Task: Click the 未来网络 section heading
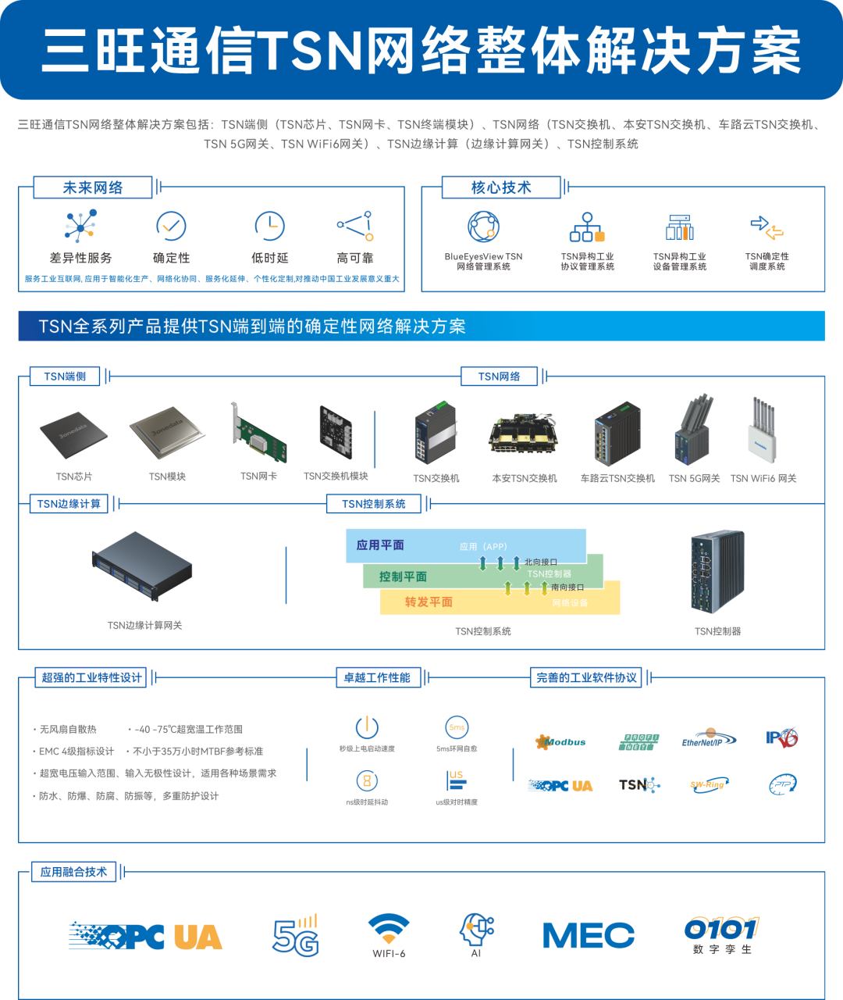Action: pyautogui.click(x=93, y=187)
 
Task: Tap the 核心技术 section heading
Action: pyautogui.click(x=501, y=187)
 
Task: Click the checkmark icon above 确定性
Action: pyautogui.click(x=171, y=227)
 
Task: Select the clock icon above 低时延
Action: pyautogui.click(x=269, y=227)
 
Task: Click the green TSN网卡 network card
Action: pyautogui.click(x=258, y=434)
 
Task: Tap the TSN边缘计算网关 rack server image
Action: pyautogui.click(x=143, y=566)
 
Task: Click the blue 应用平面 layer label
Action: pyautogui.click(x=380, y=545)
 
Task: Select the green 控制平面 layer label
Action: pyautogui.click(x=403, y=577)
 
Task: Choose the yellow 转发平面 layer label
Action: pyautogui.click(x=429, y=602)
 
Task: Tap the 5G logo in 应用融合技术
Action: pyautogui.click(x=296, y=935)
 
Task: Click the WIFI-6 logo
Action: pyautogui.click(x=389, y=934)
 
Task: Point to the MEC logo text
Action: pyautogui.click(x=589, y=935)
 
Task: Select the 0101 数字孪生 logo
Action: pyautogui.click(x=721, y=934)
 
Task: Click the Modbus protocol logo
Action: pyautogui.click(x=560, y=741)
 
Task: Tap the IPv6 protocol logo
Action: pyautogui.click(x=781, y=738)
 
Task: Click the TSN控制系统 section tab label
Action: pyautogui.click(x=374, y=504)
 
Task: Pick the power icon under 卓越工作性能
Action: pyautogui.click(x=367, y=727)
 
